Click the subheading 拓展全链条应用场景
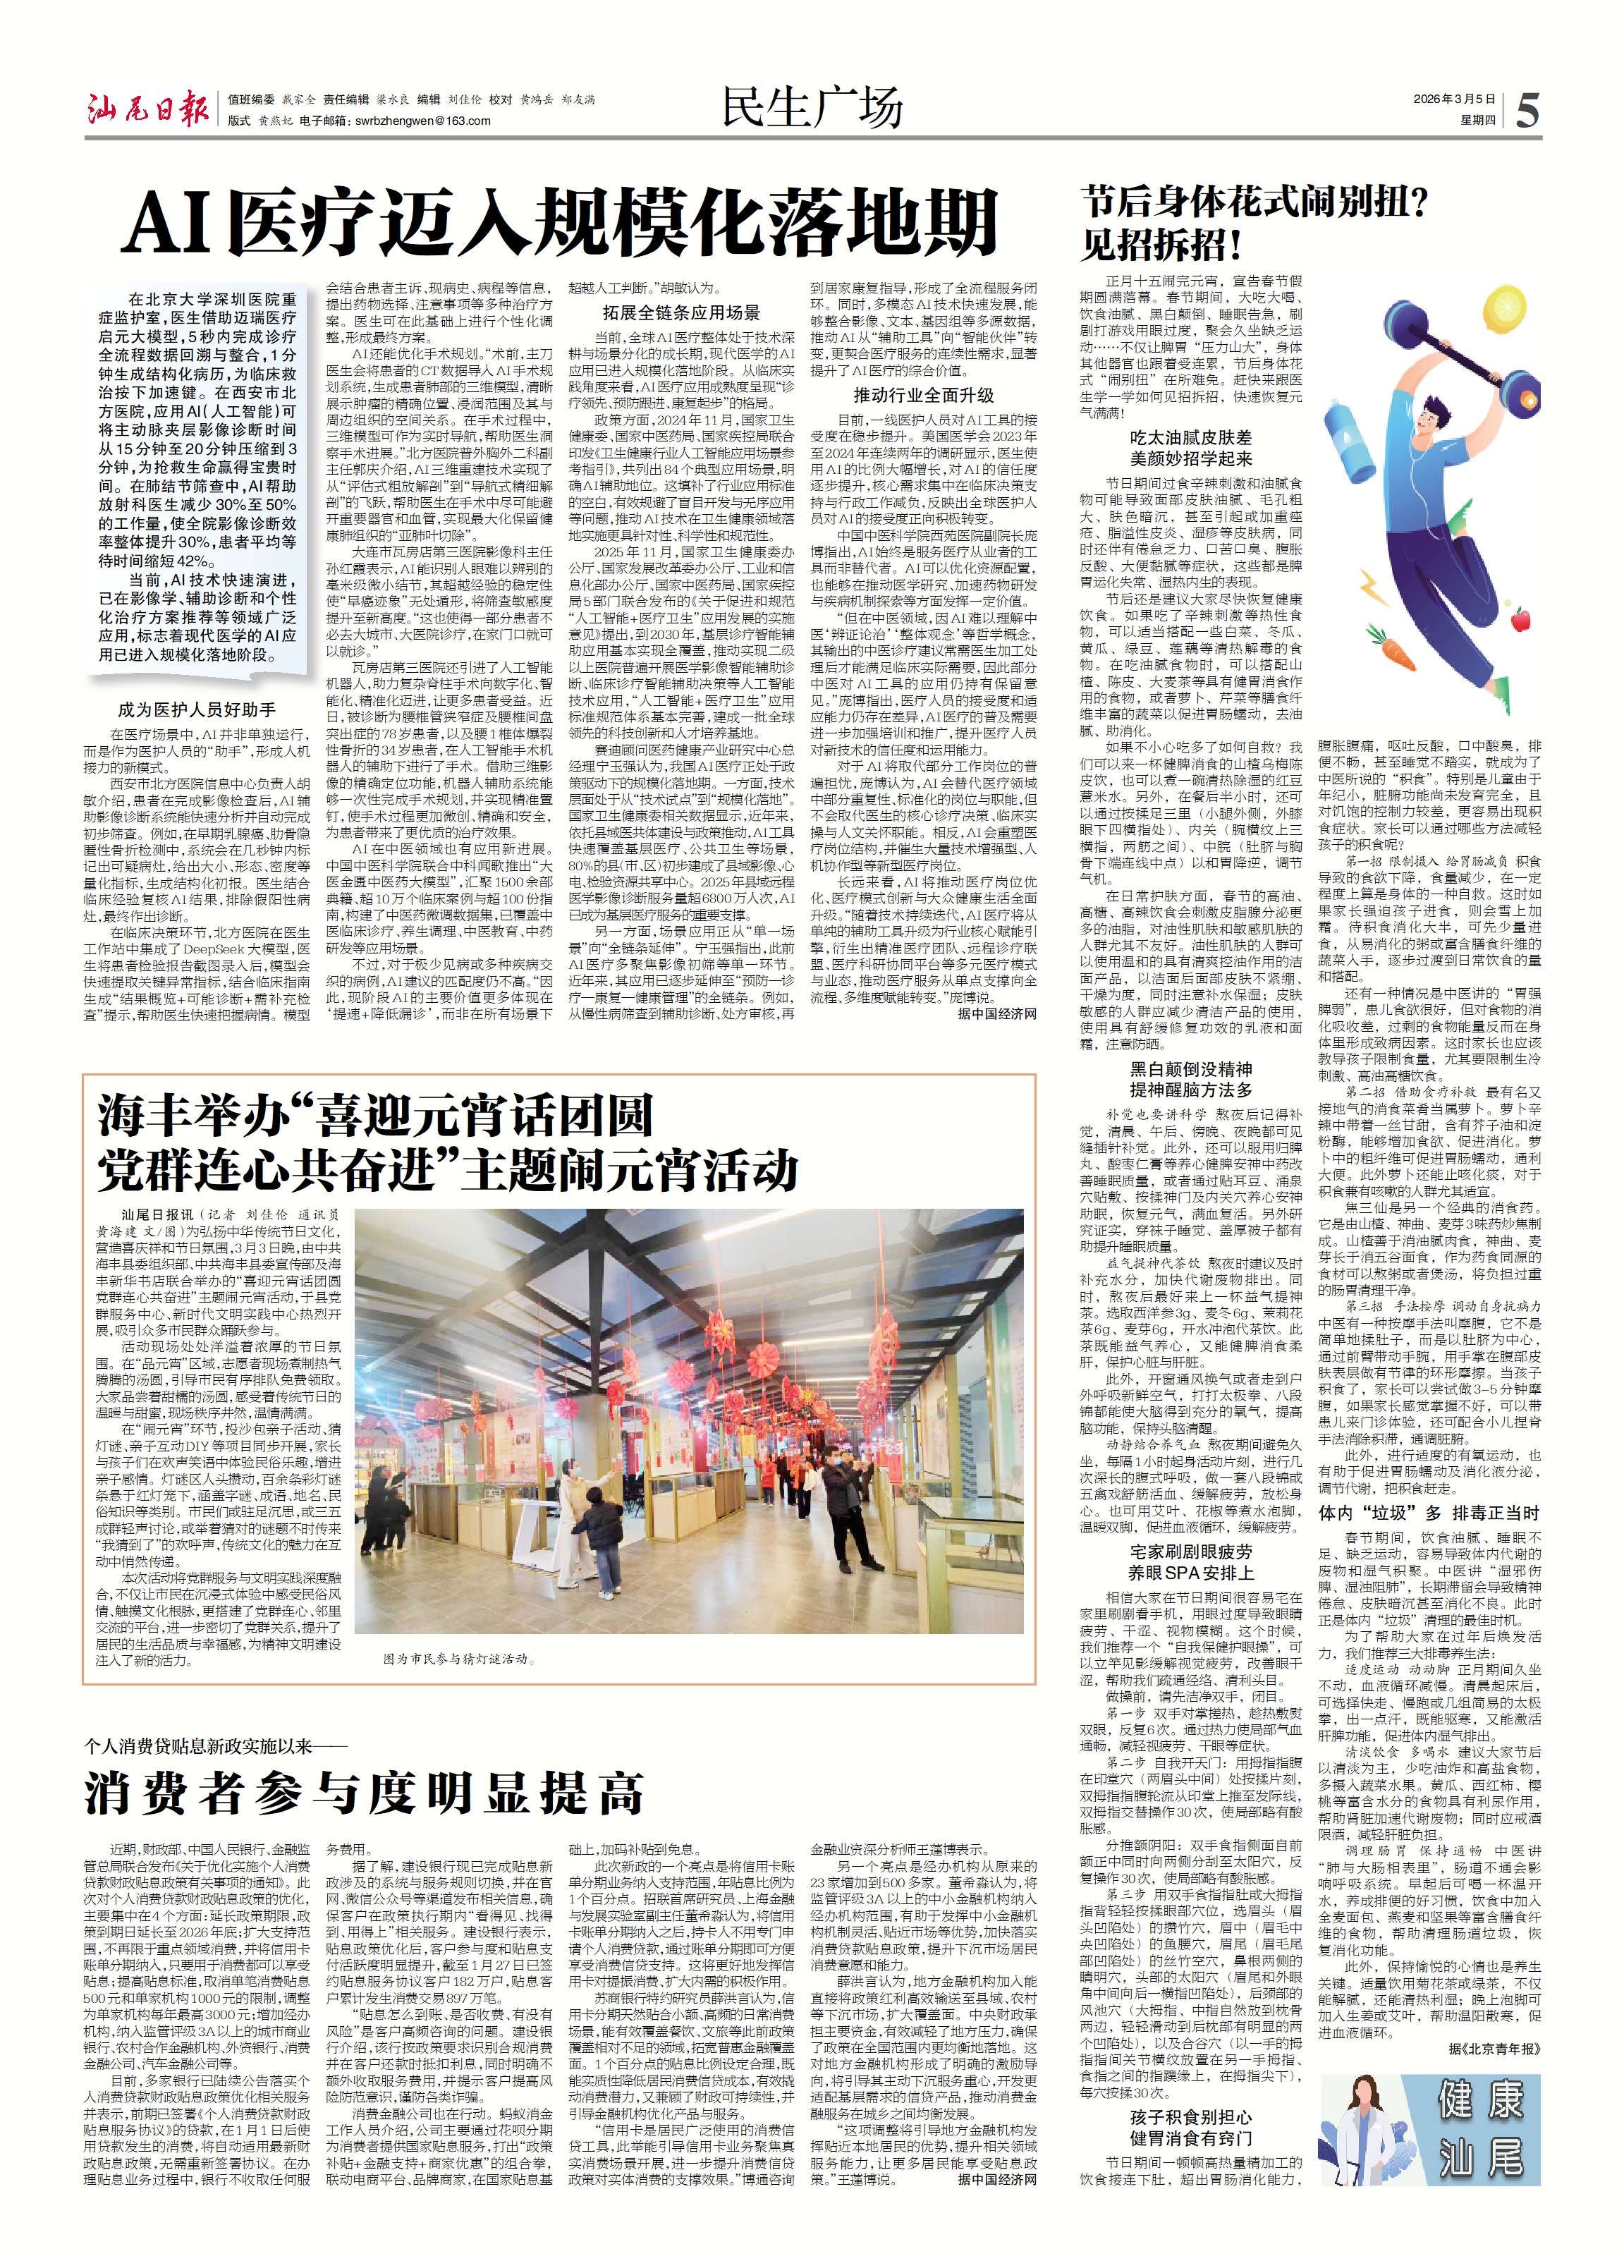point(681,312)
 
